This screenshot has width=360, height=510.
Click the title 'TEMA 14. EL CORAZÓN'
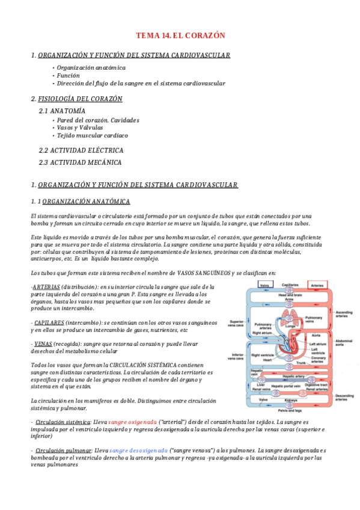click(x=180, y=36)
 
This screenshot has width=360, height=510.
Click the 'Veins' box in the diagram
click(x=264, y=285)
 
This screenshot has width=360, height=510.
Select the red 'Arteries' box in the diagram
click(x=317, y=285)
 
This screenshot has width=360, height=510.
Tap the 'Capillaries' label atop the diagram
click(x=290, y=285)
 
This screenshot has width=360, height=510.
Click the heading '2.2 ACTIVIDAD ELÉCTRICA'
click(x=81, y=150)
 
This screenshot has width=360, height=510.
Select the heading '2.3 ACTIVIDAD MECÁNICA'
click(x=80, y=162)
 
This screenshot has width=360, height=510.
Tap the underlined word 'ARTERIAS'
click(x=46, y=287)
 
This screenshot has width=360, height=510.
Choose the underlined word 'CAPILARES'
click(x=49, y=323)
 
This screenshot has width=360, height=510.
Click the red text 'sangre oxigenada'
click(x=133, y=422)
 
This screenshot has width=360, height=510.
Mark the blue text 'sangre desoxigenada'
click(x=140, y=450)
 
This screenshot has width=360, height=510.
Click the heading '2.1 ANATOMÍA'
click(x=62, y=111)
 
